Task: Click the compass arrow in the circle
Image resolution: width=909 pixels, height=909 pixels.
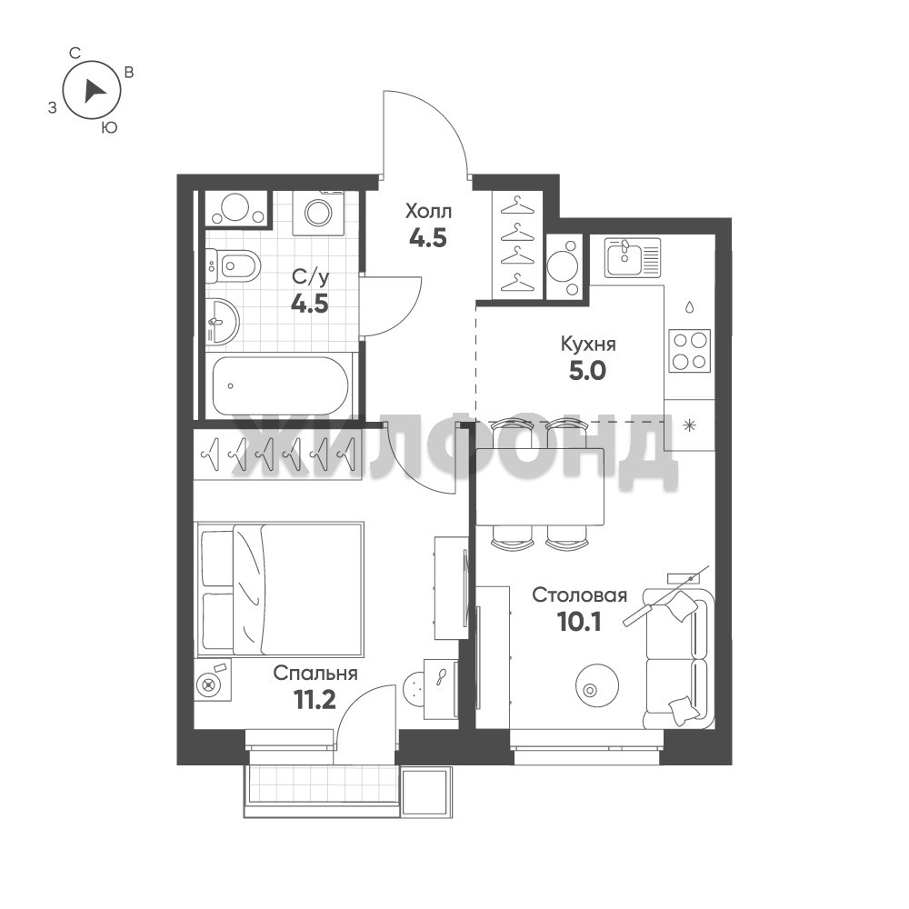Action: [x=93, y=92]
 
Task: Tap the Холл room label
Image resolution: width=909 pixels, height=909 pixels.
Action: [x=428, y=212]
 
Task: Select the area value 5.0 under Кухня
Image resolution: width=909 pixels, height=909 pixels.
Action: [x=587, y=371]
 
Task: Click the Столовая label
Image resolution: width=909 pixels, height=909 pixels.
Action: [x=580, y=595]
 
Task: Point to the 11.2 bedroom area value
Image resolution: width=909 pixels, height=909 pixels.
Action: [x=315, y=700]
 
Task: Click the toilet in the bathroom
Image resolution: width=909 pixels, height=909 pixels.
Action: [x=233, y=265]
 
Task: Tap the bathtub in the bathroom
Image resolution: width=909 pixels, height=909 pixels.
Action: [x=281, y=385]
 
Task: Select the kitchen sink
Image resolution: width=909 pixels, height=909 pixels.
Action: [x=633, y=257]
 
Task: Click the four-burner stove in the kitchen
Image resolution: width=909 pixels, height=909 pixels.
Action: [x=689, y=351]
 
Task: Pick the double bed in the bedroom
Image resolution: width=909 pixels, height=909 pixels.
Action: [x=281, y=589]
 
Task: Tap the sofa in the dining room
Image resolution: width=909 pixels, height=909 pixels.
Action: [x=677, y=658]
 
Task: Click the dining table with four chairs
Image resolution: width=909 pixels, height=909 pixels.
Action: [x=540, y=484]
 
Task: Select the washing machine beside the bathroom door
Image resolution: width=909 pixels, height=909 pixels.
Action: [x=318, y=213]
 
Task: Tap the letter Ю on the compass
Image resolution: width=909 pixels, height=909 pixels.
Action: [x=110, y=127]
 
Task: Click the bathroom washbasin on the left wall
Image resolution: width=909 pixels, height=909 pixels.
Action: [x=222, y=321]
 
